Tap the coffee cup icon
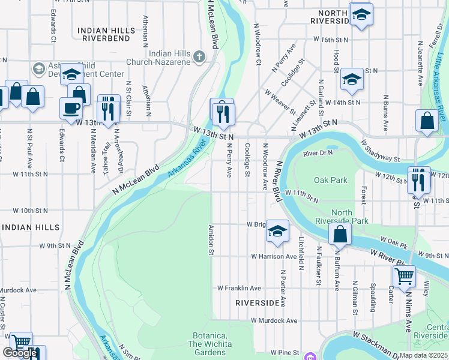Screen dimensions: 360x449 pos(71,108)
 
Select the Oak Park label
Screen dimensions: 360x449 pos(330,180)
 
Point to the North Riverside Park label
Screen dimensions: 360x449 pos(350,217)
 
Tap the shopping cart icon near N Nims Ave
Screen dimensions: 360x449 pos(404,277)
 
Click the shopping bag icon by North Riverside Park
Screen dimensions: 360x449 pos(340,235)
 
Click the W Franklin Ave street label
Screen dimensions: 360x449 pos(239,288)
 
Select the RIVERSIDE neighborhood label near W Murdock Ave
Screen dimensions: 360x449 pos(258,303)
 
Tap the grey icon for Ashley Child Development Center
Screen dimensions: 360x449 pos(40,68)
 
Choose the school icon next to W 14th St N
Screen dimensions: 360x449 pos(351,80)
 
